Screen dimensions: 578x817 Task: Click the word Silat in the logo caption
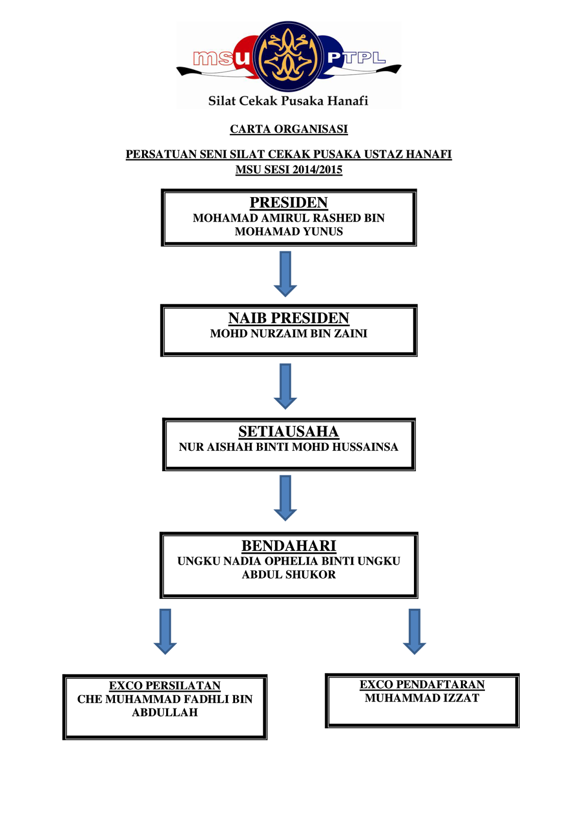pyautogui.click(x=222, y=101)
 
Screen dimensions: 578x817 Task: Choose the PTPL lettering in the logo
pyautogui.click(x=356, y=58)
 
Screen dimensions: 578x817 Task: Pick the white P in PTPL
pyautogui.click(x=334, y=58)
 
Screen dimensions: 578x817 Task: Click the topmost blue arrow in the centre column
pyautogui.click(x=285, y=273)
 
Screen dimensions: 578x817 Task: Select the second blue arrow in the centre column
pyautogui.click(x=285, y=386)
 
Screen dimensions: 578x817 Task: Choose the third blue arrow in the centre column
pyautogui.click(x=285, y=497)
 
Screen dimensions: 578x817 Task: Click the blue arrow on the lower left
pyautogui.click(x=165, y=631)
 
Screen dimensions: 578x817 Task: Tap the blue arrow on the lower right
pyautogui.click(x=414, y=631)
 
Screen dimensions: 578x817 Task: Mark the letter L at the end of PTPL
pyautogui.click(x=378, y=58)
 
